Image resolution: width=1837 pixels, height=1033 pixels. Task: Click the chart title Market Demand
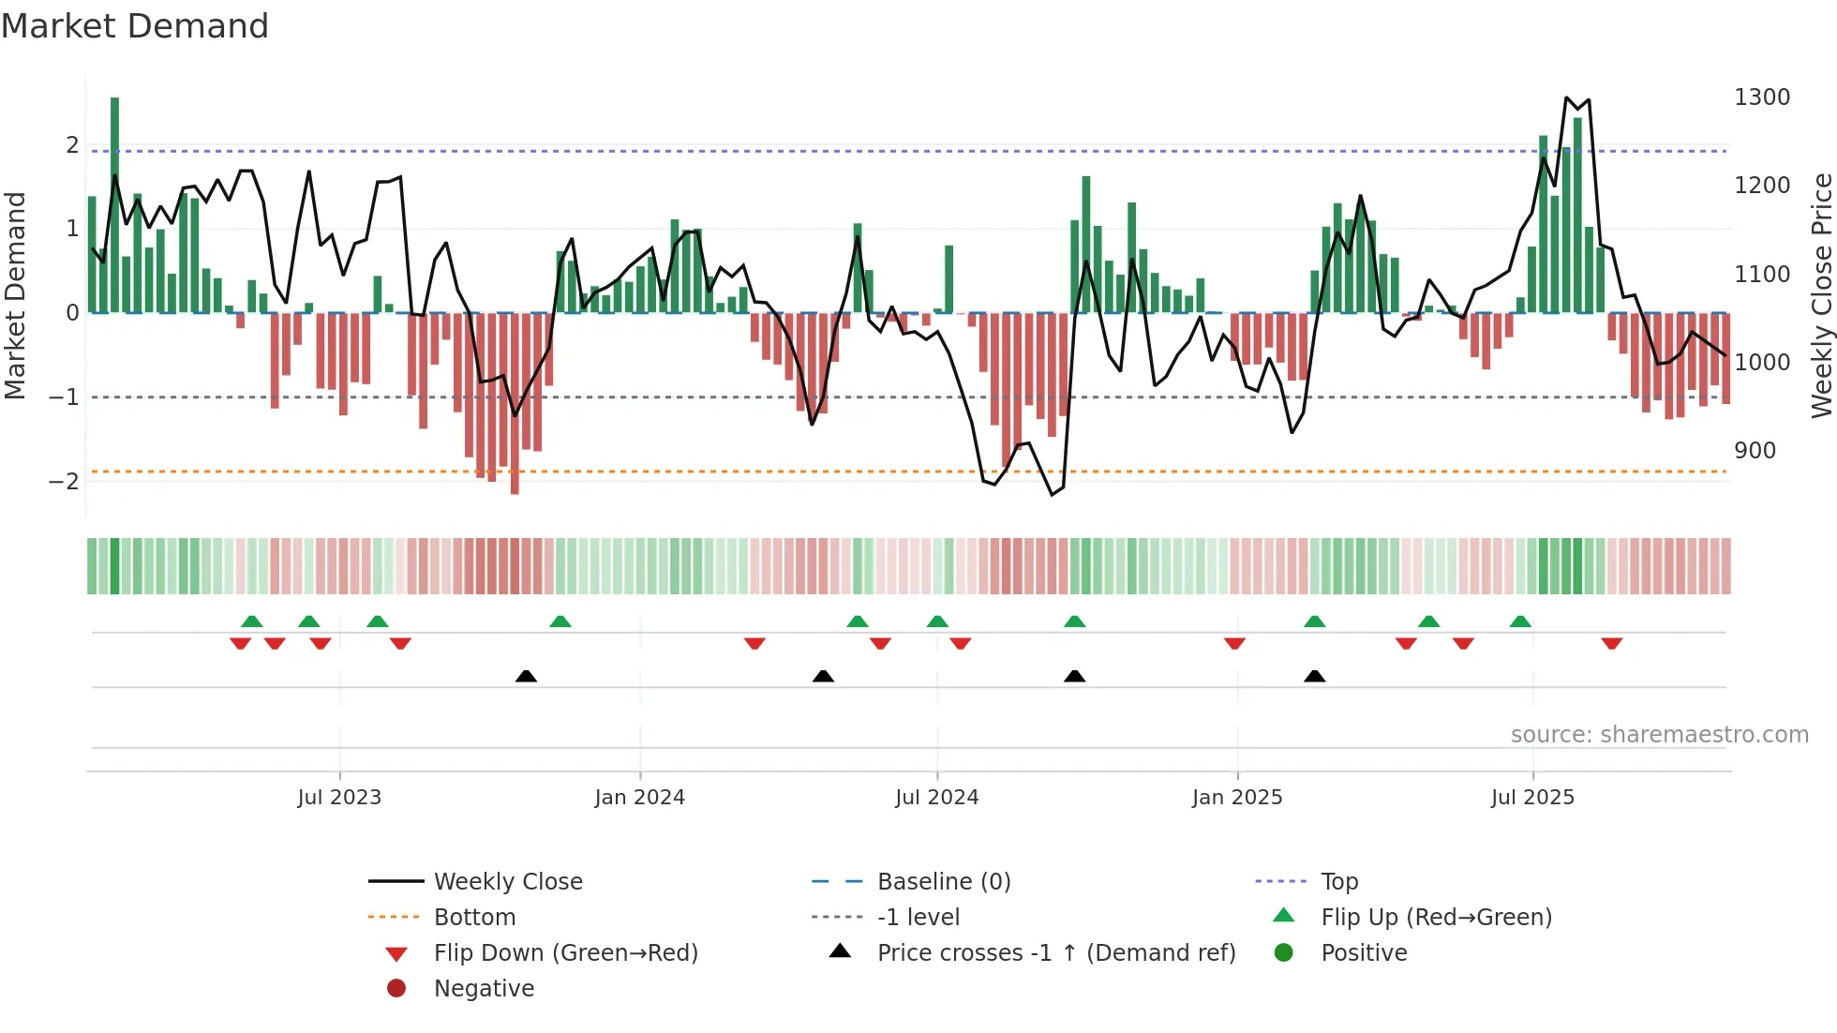(135, 26)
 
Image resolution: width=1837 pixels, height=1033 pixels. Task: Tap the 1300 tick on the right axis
(1761, 97)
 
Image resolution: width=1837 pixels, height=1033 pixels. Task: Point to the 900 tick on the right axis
(1755, 451)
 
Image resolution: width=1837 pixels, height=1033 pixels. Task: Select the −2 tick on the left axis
(65, 482)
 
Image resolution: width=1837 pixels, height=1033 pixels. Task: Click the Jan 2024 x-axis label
(639, 798)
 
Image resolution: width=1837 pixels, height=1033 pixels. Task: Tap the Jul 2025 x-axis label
(1532, 798)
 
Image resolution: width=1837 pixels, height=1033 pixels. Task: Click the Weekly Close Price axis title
(1821, 295)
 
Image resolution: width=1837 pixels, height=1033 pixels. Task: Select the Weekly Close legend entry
(507, 882)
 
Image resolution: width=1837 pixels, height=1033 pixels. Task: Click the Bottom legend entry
(474, 918)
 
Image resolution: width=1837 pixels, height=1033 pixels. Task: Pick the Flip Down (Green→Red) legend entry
(565, 953)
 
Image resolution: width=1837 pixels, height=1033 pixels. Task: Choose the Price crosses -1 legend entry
(1055, 953)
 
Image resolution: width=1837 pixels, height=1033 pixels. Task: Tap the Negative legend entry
(484, 989)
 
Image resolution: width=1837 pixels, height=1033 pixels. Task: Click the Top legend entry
(1338, 882)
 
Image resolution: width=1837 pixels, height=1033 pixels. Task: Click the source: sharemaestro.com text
(1659, 735)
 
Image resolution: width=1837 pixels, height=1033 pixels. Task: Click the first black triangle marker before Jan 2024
(526, 677)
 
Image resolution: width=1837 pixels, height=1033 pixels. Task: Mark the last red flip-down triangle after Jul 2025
(1611, 644)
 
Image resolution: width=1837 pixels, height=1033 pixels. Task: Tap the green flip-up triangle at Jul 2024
(937, 621)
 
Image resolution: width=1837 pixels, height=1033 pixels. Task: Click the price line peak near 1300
(1566, 97)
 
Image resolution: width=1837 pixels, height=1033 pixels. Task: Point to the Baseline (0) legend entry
(943, 882)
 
